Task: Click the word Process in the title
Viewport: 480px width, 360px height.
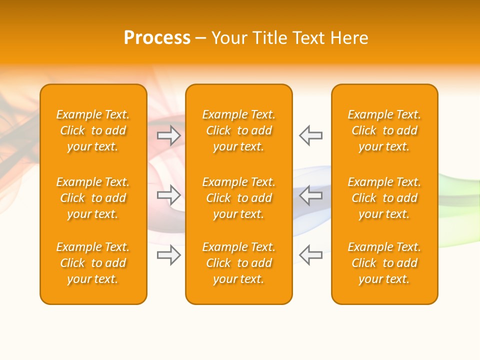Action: pyautogui.click(x=157, y=38)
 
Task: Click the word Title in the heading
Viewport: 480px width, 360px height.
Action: pyautogui.click(x=269, y=38)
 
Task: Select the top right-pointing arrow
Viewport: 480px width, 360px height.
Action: pyautogui.click(x=169, y=135)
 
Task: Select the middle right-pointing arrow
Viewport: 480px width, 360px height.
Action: pyautogui.click(x=169, y=195)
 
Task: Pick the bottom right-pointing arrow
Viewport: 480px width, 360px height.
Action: pyautogui.click(x=169, y=255)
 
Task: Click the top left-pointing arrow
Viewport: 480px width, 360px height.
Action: pyautogui.click(x=311, y=135)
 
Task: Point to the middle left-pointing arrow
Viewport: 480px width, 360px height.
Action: pyautogui.click(x=311, y=195)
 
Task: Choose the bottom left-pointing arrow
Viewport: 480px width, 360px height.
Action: pyautogui.click(x=311, y=255)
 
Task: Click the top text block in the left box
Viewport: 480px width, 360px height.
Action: pyautogui.click(x=93, y=130)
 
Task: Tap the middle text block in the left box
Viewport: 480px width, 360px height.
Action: pyautogui.click(x=93, y=198)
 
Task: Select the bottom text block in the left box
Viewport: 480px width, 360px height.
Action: pyautogui.click(x=93, y=263)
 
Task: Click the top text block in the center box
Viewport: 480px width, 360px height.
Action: pyautogui.click(x=239, y=130)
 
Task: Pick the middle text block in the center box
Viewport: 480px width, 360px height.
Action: pyautogui.click(x=239, y=198)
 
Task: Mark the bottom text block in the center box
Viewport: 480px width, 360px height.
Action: pyautogui.click(x=239, y=263)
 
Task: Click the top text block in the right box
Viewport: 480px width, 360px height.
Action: pyautogui.click(x=384, y=130)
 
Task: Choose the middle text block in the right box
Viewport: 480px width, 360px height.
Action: pyautogui.click(x=384, y=198)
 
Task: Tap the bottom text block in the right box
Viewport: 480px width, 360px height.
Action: pyautogui.click(x=384, y=263)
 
